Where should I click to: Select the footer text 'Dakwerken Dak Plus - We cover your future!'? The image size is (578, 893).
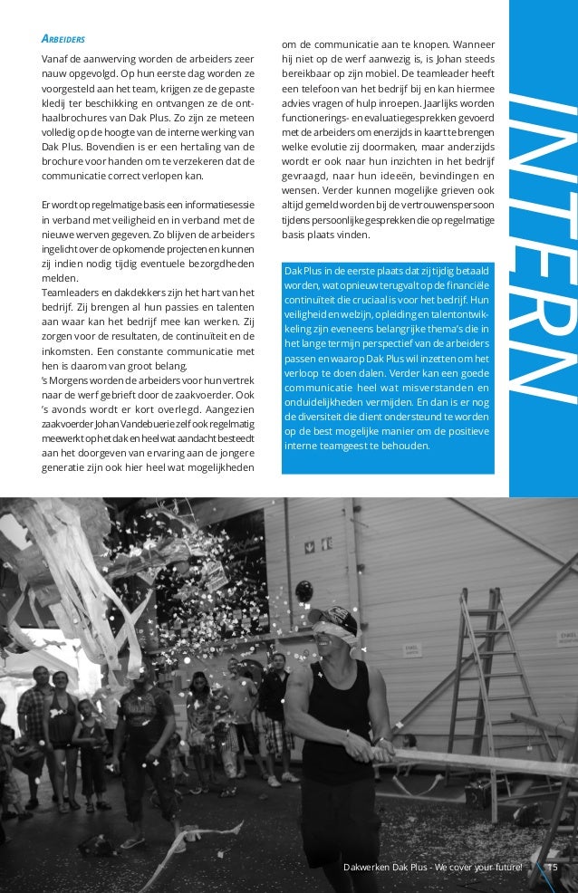433,868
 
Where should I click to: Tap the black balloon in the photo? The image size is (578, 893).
303,591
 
